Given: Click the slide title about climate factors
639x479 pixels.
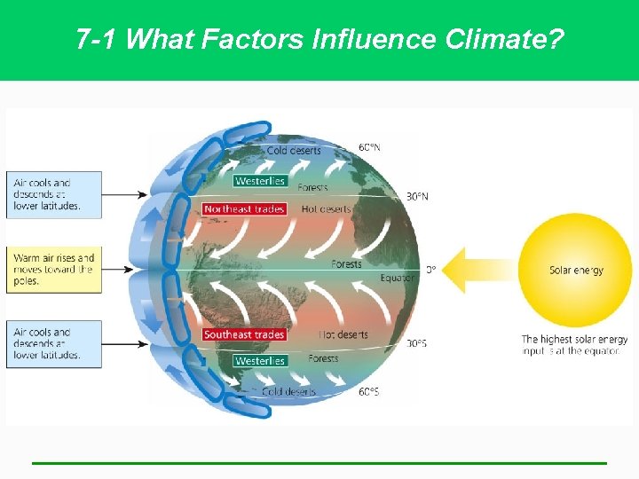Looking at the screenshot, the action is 319,39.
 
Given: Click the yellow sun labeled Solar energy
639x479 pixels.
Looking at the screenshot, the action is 575,270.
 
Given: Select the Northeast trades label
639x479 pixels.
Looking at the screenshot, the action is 244,209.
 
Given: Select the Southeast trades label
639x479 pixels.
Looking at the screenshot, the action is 244,334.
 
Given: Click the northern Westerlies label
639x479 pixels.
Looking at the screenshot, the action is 260,181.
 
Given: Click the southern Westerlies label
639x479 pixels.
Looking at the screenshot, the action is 260,361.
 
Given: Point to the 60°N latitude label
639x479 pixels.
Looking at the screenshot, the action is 369,147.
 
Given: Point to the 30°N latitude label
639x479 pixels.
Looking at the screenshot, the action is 417,196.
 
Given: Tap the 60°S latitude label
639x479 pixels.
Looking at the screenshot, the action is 369,391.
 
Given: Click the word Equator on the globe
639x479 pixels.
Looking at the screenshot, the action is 398,279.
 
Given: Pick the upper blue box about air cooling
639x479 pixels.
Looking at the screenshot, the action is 53,194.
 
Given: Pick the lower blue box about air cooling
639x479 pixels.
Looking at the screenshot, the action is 53,343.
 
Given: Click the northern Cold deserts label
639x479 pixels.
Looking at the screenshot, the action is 294,151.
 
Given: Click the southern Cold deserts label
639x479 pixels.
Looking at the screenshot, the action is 289,391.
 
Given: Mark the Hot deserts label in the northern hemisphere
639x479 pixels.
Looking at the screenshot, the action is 327,209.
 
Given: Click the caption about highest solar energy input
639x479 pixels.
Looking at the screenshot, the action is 574,345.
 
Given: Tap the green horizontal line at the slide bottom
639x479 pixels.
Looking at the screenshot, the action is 319,462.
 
